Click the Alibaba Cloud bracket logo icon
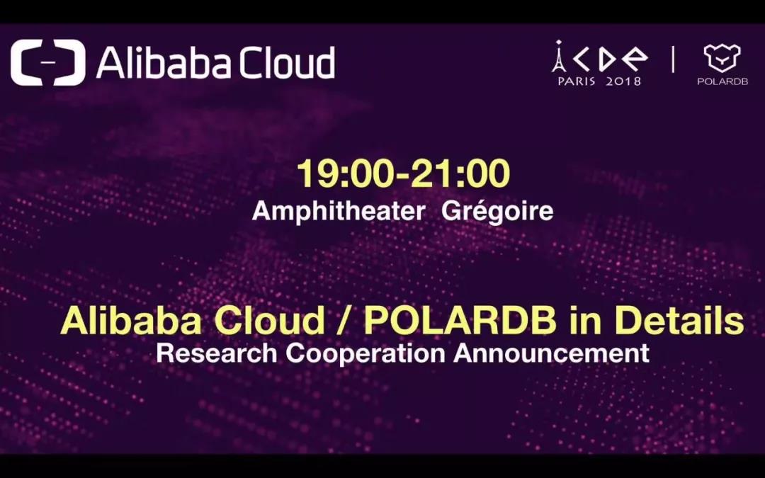pos(48,62)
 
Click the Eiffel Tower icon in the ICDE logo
pos(559,57)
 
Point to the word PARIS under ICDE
pos(576,81)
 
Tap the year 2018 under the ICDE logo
pos(623,81)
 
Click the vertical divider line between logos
pos(674,59)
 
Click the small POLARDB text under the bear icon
pos(722,81)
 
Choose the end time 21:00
pos(460,173)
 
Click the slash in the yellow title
pos(344,321)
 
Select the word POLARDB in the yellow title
pos(460,321)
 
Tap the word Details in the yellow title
pos(679,321)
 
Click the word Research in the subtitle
pos(217,353)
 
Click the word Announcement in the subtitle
pos(551,353)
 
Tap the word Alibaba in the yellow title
pos(130,321)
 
